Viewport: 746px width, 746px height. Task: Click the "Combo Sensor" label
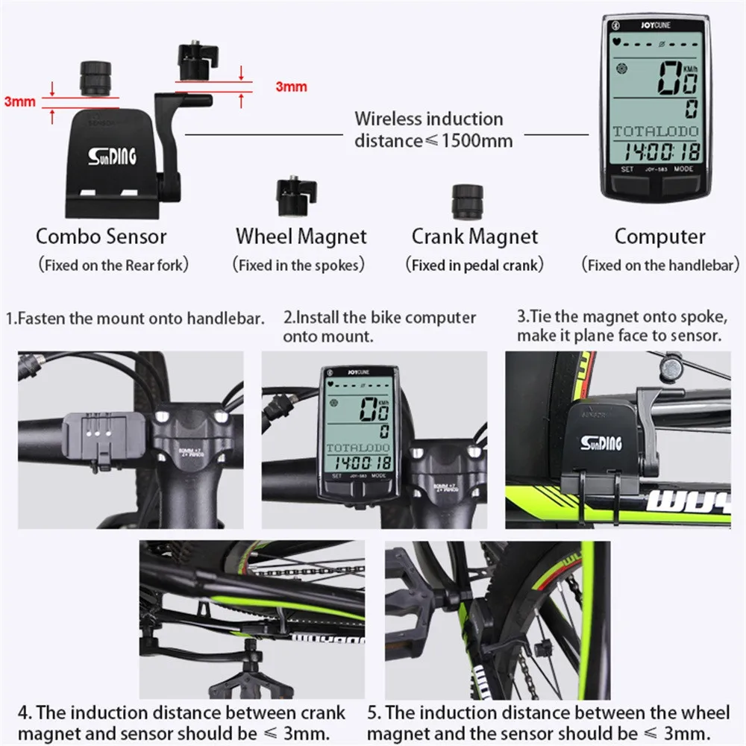tap(101, 237)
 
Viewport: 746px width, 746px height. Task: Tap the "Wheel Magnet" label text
tap(301, 237)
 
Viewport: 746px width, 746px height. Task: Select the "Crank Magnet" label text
tap(474, 237)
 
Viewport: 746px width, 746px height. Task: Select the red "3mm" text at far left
tap(19, 101)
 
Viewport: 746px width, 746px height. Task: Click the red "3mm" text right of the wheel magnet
tap(291, 87)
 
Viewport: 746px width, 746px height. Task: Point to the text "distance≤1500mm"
tap(433, 140)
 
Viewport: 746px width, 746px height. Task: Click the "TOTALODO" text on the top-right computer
tap(656, 131)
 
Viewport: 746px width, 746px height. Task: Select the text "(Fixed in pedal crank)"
tap(474, 265)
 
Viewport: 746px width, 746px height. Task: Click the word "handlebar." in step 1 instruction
tap(231, 319)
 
